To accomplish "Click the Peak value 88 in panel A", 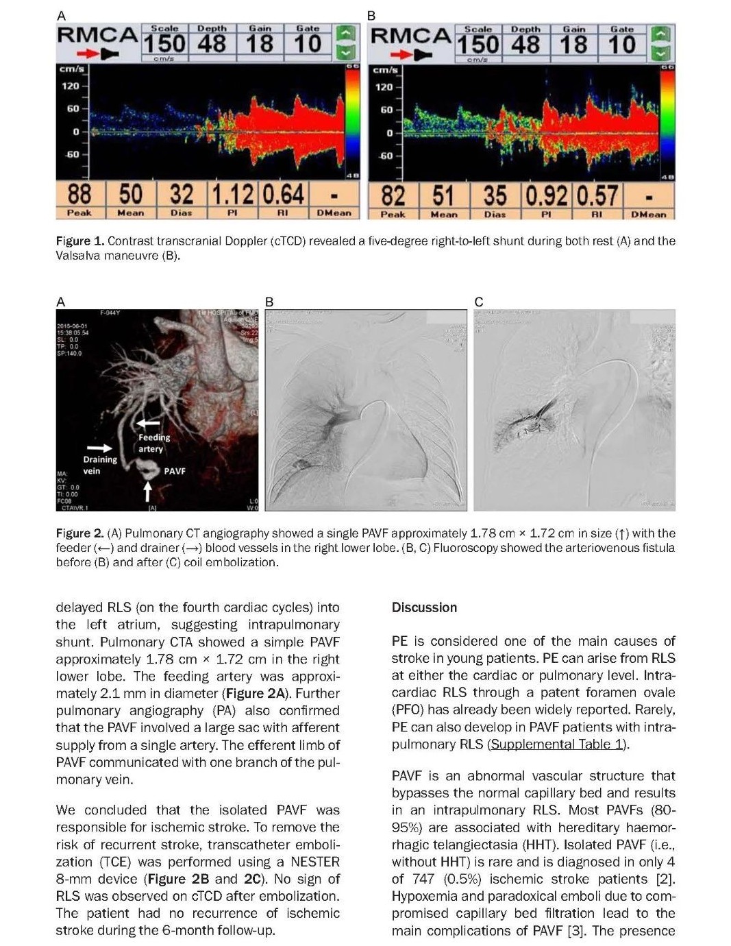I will [x=79, y=194].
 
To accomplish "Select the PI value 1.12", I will [x=232, y=194].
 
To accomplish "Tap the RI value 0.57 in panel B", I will [x=597, y=195].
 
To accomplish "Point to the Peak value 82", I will [x=393, y=195].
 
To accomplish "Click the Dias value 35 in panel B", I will [x=495, y=195].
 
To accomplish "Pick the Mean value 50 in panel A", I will [x=130, y=194].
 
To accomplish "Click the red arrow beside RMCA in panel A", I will [x=86, y=53].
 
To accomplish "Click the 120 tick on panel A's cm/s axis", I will [x=71, y=86].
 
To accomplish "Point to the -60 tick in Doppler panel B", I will [x=386, y=156].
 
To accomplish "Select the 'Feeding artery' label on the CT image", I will [x=153, y=443].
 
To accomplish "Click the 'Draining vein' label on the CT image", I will [x=100, y=465].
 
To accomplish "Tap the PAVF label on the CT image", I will [x=175, y=471].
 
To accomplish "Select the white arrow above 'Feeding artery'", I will [x=149, y=424].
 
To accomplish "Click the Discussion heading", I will [x=424, y=607].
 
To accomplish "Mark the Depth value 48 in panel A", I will [x=212, y=44].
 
